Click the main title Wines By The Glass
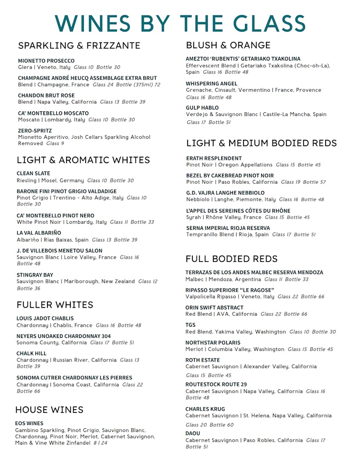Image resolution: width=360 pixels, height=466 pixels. point(180,23)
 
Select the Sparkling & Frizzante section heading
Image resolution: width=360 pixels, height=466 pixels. point(79,46)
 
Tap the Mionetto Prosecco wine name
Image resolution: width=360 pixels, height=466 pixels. point(46,61)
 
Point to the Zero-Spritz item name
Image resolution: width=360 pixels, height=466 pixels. point(35,131)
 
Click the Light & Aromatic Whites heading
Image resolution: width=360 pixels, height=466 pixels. point(83,160)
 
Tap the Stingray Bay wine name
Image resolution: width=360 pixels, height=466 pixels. point(35,275)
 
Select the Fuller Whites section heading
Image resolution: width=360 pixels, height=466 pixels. point(55,305)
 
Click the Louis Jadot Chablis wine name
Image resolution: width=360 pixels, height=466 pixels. point(45,319)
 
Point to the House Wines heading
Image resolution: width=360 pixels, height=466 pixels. point(49,410)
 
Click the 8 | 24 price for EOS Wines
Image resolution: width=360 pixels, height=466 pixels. point(100,443)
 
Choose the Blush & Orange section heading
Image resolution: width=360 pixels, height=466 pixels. point(228,45)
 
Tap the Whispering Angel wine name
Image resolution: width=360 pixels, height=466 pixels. point(211,84)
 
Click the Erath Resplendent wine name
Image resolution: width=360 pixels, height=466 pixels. point(214,158)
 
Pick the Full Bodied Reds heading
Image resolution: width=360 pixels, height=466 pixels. point(231,259)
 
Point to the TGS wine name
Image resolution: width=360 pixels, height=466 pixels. point(190,325)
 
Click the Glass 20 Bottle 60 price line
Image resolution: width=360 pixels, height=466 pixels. point(210,425)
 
